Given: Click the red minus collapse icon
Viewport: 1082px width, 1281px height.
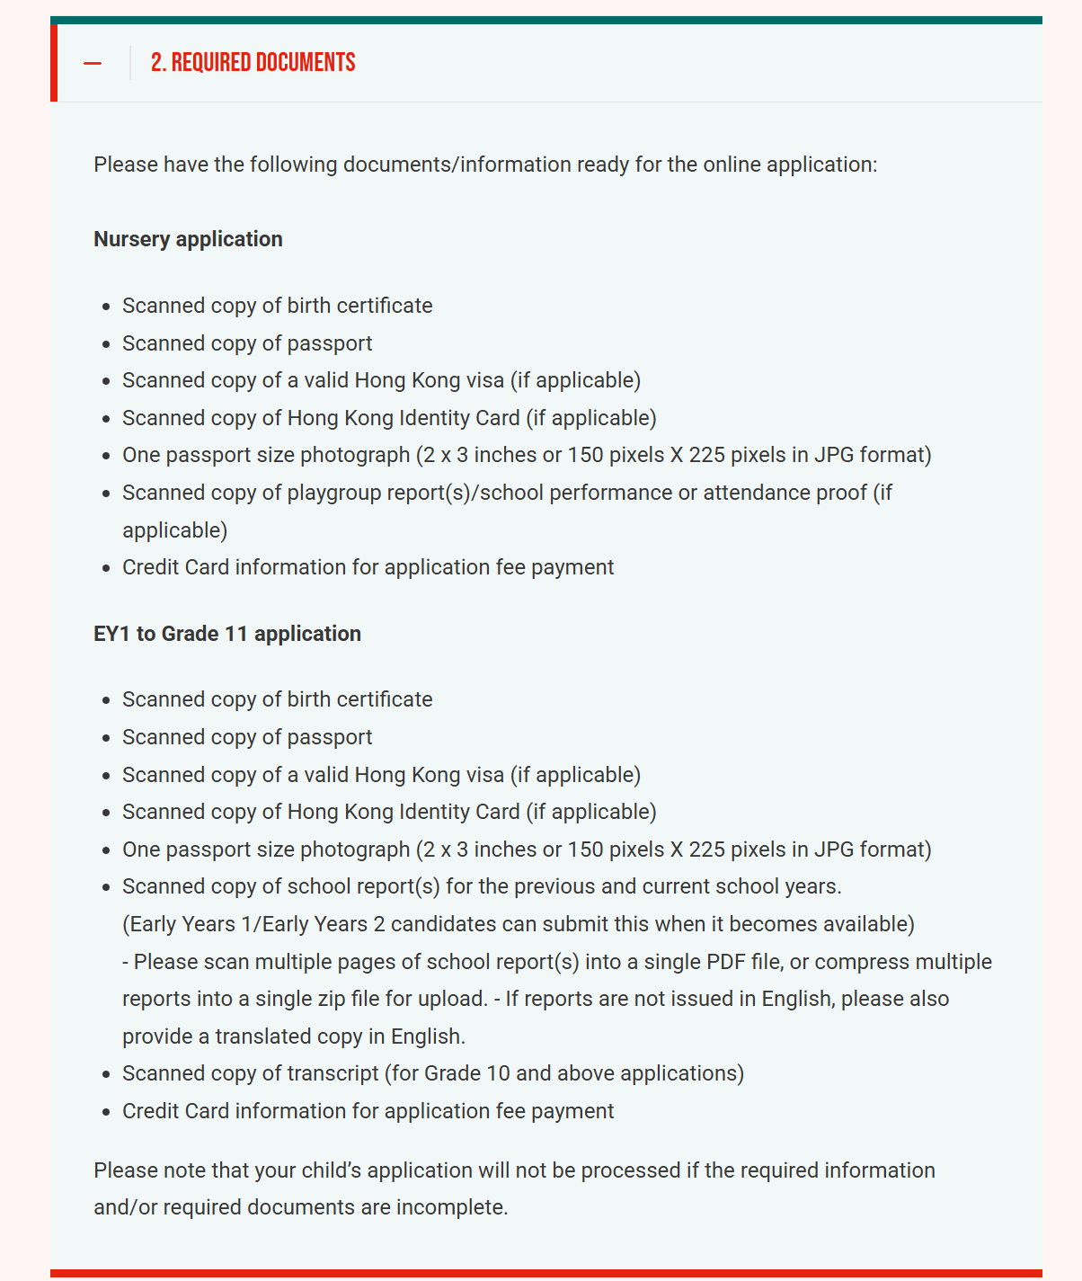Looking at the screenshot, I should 92,63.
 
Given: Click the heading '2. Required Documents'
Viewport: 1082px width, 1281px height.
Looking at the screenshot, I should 253,63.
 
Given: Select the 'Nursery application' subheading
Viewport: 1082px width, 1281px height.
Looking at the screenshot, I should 188,239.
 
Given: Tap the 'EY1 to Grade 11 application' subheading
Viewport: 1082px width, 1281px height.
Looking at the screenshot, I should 227,634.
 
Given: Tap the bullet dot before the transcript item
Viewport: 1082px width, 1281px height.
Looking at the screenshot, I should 106,1074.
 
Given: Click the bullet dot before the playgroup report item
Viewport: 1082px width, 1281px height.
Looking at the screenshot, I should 106,494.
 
